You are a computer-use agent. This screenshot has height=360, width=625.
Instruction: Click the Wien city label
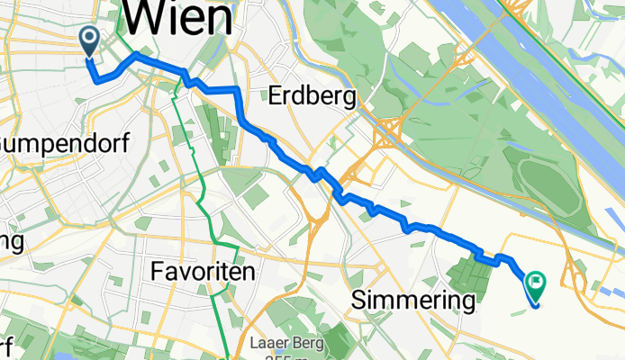tap(177, 18)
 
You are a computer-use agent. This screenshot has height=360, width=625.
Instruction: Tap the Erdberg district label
tap(311, 96)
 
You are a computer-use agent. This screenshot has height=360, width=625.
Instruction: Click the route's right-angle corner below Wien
tap(237, 90)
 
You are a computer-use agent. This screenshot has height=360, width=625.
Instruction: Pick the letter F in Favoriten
tap(159, 270)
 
